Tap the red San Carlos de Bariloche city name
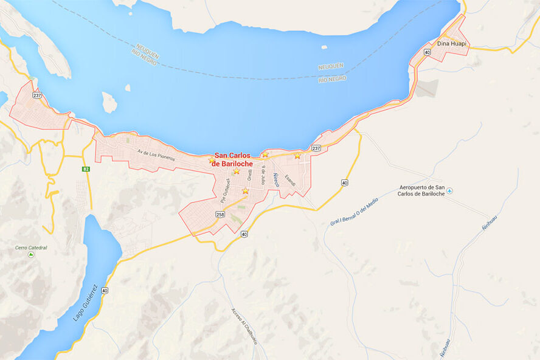pos(232,159)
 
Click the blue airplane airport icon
pos(449,192)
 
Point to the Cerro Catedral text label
pos(31,247)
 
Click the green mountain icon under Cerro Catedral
pos(31,255)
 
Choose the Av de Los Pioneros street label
pos(156,155)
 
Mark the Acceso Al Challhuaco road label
pos(244,325)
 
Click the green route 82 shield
pos(86,168)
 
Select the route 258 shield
pos(220,215)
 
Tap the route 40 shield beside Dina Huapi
pos(427,53)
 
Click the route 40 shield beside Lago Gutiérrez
pos(105,291)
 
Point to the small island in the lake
pos(109,102)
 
